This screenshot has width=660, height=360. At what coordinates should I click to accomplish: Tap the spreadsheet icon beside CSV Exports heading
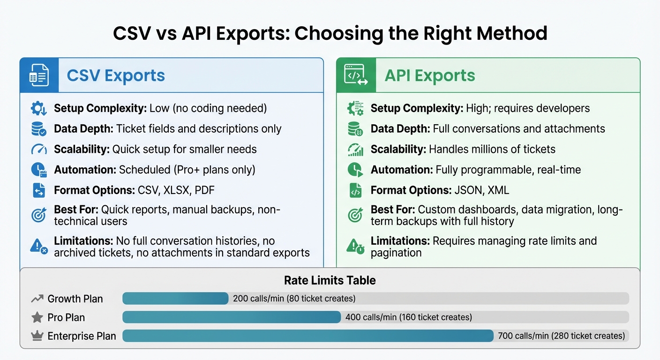pyautogui.click(x=39, y=75)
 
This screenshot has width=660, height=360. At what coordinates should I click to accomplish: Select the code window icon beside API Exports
pyautogui.click(x=356, y=75)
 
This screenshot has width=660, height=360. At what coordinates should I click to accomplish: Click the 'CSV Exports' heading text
pyautogui.click(x=116, y=75)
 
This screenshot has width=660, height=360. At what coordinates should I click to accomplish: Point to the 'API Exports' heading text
pyautogui.click(x=429, y=75)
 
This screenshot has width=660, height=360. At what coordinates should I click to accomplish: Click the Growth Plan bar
pyautogui.click(x=175, y=299)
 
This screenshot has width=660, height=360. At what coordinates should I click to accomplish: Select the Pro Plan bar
pyautogui.click(x=232, y=317)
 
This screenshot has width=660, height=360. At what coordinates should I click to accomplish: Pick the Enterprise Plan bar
pyautogui.click(x=308, y=336)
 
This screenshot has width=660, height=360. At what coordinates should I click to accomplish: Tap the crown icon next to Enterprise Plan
pyautogui.click(x=37, y=336)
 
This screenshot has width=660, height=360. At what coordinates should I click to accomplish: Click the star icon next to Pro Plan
pyautogui.click(x=37, y=317)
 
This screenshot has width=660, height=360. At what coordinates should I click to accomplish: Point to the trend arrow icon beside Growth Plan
pyautogui.click(x=37, y=299)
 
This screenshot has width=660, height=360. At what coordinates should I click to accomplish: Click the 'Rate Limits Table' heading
pyautogui.click(x=330, y=280)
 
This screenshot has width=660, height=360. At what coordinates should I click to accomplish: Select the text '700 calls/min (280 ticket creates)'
pyautogui.click(x=561, y=336)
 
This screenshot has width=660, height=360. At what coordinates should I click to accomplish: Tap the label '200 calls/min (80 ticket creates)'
pyautogui.click(x=294, y=299)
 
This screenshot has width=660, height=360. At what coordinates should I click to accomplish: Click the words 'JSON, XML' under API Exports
pyautogui.click(x=481, y=190)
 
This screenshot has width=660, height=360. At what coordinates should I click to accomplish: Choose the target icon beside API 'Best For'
pyautogui.click(x=355, y=215)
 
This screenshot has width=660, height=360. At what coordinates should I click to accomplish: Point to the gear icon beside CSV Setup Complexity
pyautogui.click(x=38, y=109)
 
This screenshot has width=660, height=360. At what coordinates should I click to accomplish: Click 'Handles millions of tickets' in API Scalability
pyautogui.click(x=492, y=149)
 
